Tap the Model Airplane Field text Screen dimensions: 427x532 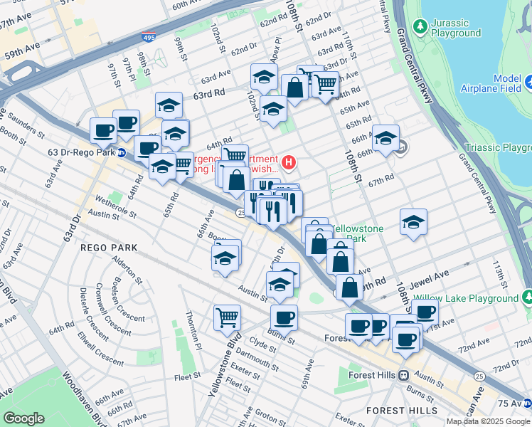[502, 83]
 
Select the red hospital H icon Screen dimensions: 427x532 [289, 163]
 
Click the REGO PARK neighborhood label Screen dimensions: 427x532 [108, 247]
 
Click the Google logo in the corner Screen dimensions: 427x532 [23, 418]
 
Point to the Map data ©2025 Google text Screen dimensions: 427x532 [488, 421]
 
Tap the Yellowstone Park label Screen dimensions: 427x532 [358, 233]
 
